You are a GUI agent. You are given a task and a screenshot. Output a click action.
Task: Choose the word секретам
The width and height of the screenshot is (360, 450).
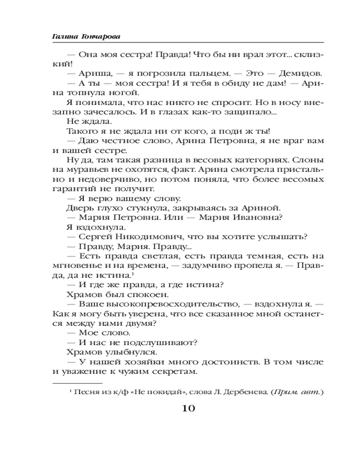175,372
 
